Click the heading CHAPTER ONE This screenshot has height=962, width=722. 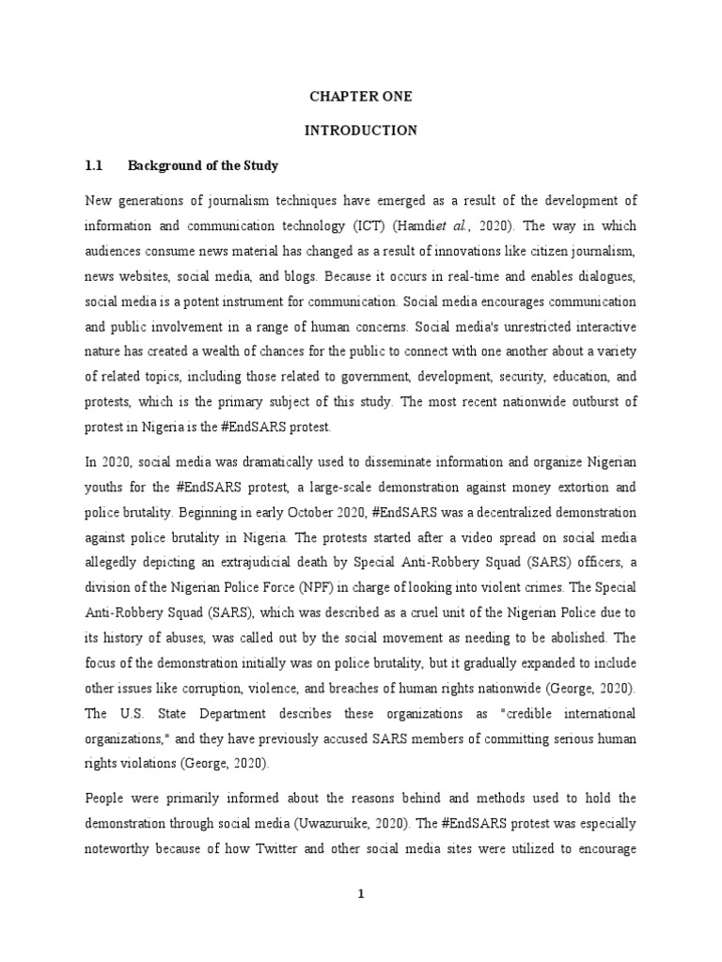[360, 97]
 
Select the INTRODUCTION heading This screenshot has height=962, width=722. [360, 131]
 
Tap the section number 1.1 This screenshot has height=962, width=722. [93, 165]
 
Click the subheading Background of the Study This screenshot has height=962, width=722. [203, 165]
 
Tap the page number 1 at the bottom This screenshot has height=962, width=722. [360, 893]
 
